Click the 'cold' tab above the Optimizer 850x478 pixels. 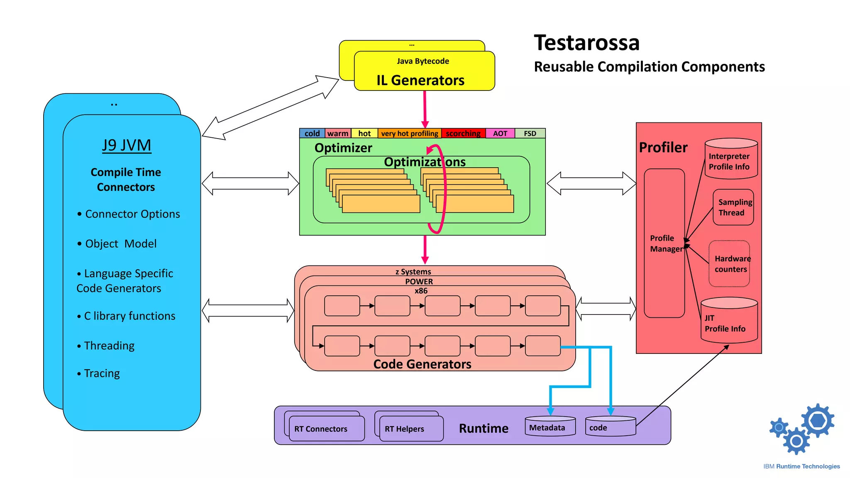point(312,133)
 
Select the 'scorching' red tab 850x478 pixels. point(463,133)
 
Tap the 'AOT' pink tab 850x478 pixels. point(500,133)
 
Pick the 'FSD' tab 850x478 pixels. point(530,133)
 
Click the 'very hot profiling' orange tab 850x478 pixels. point(409,133)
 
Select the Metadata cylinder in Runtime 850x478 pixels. point(550,427)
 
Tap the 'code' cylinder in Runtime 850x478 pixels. point(610,427)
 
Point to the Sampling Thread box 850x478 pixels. point(733,207)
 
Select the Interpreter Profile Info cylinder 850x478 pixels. point(731,160)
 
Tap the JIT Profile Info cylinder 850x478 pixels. point(729,322)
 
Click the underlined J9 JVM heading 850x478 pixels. point(127,145)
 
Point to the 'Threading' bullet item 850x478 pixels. point(109,346)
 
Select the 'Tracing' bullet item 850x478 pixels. point(101,373)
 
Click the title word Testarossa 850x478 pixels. point(586,43)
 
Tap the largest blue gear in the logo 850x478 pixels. point(817,421)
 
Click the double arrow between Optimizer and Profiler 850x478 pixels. point(591,183)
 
